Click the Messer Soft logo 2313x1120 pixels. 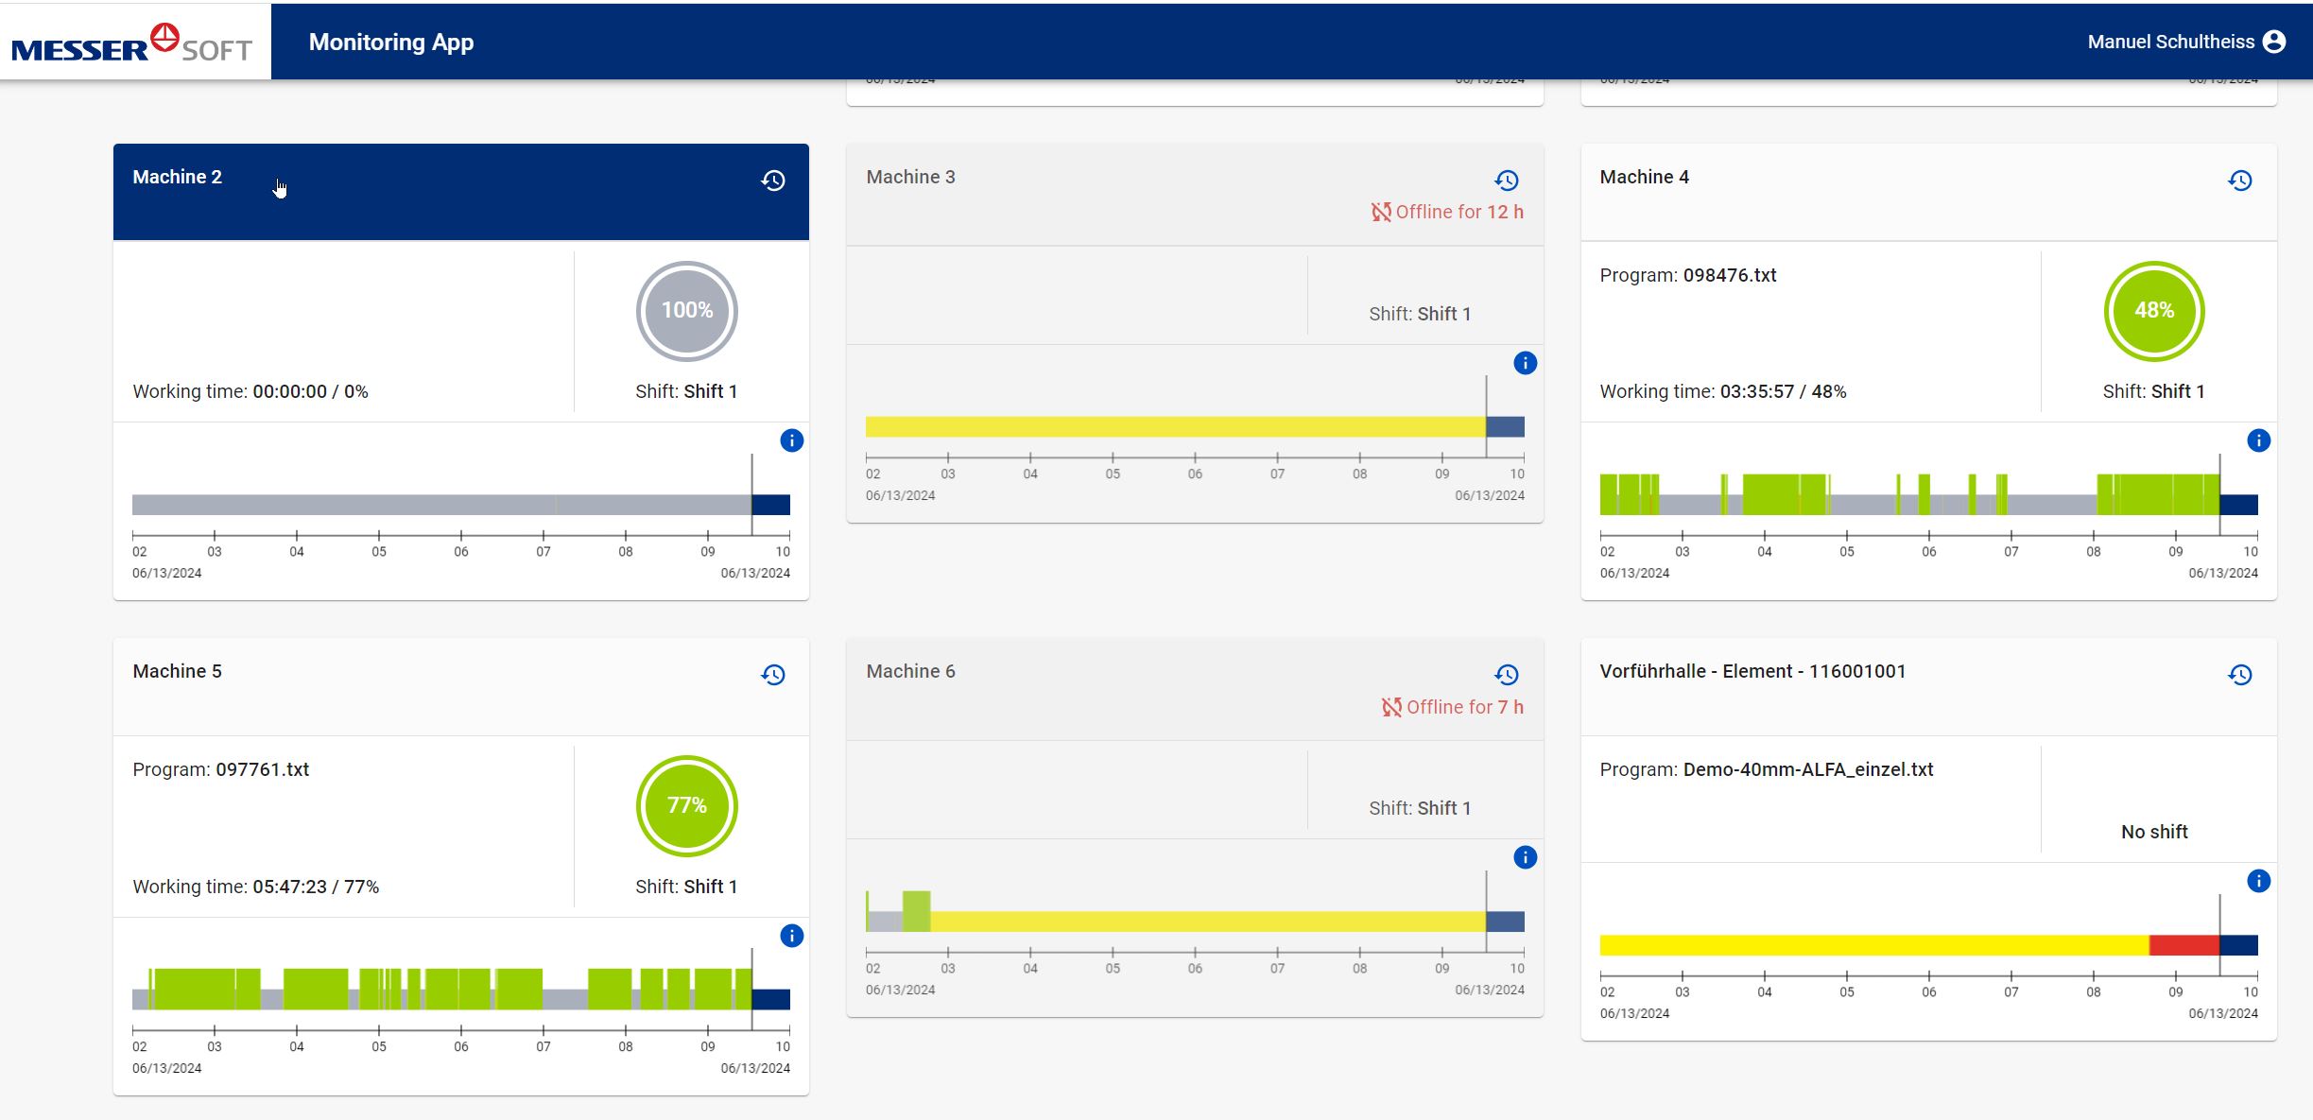[132, 43]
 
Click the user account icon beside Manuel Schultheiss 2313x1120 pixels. [2275, 42]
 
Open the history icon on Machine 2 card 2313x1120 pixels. [773, 181]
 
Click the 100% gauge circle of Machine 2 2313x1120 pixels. [687, 311]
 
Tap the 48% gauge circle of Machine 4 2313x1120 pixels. [2154, 311]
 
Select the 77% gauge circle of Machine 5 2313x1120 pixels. [687, 805]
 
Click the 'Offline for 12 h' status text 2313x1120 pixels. [1459, 213]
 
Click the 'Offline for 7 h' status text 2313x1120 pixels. [1464, 707]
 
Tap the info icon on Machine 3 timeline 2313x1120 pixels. [1525, 363]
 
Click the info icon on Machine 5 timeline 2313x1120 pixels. [791, 936]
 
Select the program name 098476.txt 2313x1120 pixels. [1729, 275]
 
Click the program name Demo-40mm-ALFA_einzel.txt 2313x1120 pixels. [1807, 769]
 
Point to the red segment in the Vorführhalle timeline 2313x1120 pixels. [2184, 945]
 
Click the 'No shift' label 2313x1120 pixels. [2153, 832]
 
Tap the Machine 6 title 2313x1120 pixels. [910, 671]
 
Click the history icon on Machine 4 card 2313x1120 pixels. [2240, 181]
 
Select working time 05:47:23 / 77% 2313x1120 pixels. [315, 887]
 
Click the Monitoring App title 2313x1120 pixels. [391, 43]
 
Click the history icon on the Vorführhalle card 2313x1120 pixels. [2240, 675]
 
